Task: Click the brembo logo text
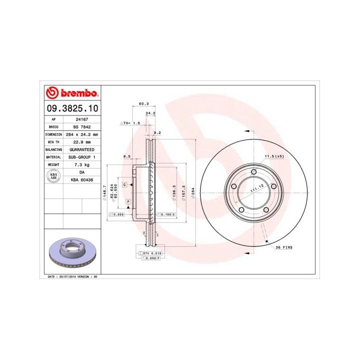pyautogui.click(x=78, y=93)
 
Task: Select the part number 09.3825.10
pyautogui.click(x=72, y=108)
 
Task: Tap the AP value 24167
pyautogui.click(x=78, y=119)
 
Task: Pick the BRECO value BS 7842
pyautogui.click(x=78, y=127)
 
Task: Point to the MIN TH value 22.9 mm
pyautogui.click(x=78, y=142)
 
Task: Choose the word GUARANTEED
pyautogui.click(x=80, y=149)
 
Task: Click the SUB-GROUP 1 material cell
pyautogui.click(x=80, y=157)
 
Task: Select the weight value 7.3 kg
pyautogui.click(x=78, y=164)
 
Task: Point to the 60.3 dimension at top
pyautogui.click(x=144, y=104)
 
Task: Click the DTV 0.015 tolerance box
pyautogui.click(x=150, y=254)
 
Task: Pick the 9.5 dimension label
pyautogui.click(x=127, y=156)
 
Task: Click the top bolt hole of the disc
pyautogui.click(x=253, y=172)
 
